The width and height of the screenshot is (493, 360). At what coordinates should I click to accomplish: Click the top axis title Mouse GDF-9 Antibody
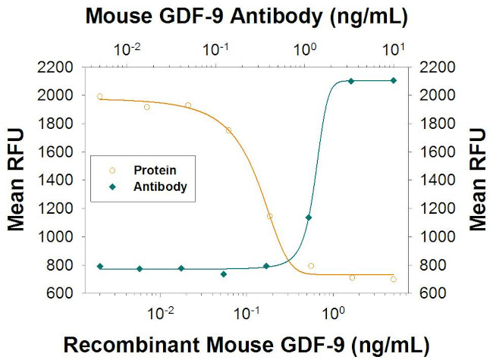(247, 14)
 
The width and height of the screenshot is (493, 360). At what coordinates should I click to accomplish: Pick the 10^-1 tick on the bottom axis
(244, 310)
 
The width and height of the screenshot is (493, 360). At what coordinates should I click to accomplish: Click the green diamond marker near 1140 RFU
(308, 218)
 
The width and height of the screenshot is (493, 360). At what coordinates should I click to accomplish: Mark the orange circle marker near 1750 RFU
(228, 130)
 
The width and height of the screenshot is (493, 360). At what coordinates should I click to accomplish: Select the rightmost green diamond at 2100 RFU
(393, 80)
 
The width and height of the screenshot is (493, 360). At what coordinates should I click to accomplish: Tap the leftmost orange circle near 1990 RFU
(99, 96)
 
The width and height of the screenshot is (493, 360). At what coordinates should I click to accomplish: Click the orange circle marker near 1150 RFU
(269, 216)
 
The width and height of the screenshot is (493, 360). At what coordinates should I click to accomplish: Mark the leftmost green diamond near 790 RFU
(99, 266)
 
